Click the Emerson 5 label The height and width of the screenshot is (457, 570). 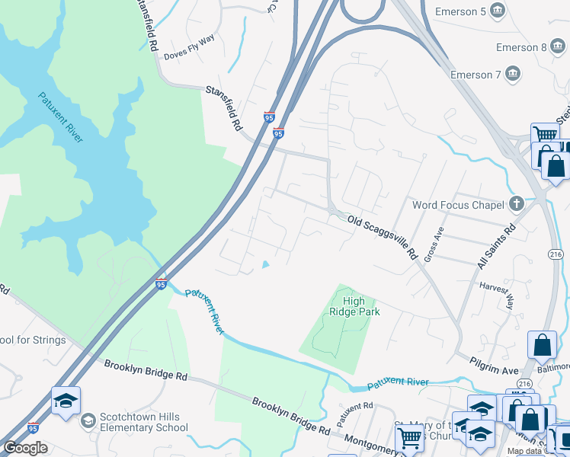click(x=460, y=11)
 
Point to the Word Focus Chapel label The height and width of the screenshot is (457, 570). click(x=457, y=205)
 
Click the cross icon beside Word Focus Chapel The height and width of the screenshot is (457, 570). click(x=517, y=204)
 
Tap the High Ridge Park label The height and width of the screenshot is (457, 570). click(x=354, y=306)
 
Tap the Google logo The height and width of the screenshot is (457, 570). click(x=25, y=448)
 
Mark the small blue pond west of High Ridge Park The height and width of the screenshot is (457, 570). click(x=265, y=264)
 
